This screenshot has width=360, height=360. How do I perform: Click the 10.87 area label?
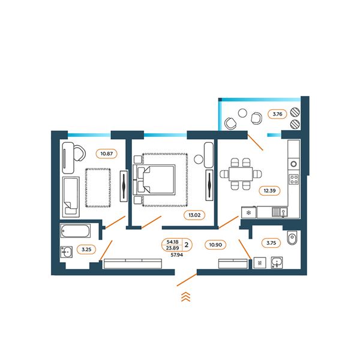[x=107, y=154]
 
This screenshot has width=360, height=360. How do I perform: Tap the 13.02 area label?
[x=194, y=215]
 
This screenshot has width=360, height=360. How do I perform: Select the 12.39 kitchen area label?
[x=269, y=191]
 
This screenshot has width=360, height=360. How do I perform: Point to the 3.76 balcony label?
[x=277, y=114]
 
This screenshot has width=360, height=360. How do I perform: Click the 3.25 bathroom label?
[x=86, y=250]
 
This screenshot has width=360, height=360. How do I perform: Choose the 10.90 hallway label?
[x=215, y=245]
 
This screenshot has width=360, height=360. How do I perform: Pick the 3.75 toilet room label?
[x=271, y=243]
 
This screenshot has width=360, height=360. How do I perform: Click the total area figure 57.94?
[x=177, y=254]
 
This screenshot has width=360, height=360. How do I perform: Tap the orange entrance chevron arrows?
[x=186, y=297]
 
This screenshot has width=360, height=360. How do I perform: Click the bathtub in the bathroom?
[x=76, y=231]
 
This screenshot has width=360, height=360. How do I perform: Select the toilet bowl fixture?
[x=292, y=238]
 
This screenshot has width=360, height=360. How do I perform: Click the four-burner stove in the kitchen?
[x=293, y=179]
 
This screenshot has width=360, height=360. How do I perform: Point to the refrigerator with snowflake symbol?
[x=248, y=212]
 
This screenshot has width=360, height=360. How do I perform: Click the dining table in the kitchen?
[x=241, y=174]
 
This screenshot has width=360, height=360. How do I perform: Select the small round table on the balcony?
[x=242, y=113]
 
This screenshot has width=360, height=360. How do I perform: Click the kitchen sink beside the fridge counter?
[x=280, y=212]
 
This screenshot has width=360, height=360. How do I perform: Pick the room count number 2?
[x=187, y=245]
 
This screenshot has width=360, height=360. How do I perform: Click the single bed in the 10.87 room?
[x=71, y=197]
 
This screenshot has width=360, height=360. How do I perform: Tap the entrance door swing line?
[x=187, y=280]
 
